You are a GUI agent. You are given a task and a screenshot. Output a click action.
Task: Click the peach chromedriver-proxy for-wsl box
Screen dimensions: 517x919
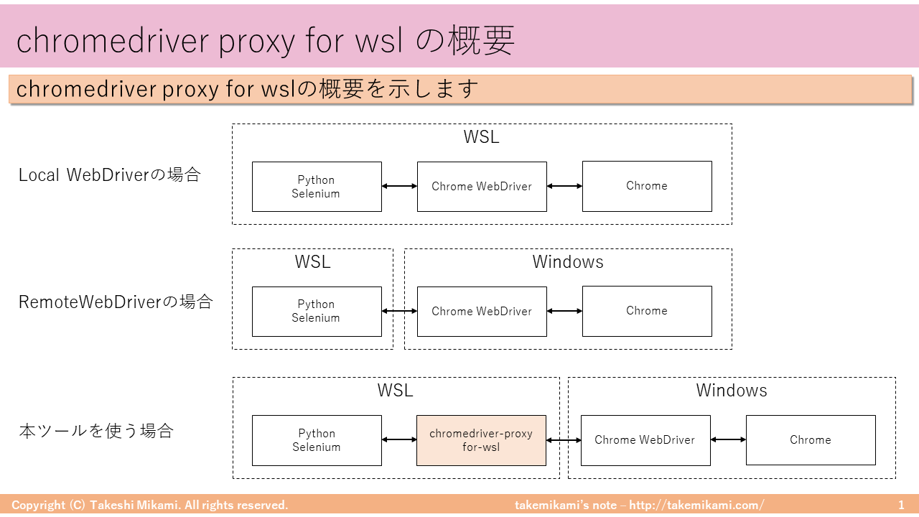pos(481,440)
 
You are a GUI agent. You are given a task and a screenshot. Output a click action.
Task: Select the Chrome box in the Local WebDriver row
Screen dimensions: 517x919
pos(647,186)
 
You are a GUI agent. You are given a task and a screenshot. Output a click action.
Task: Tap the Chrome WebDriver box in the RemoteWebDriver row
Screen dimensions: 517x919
pos(482,311)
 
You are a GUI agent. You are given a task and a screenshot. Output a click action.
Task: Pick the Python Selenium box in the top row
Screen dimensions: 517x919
pos(317,187)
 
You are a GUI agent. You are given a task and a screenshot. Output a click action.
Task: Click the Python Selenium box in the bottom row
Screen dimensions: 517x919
pos(317,440)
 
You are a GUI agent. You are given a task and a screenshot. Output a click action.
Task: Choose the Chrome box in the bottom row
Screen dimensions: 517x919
pos(811,440)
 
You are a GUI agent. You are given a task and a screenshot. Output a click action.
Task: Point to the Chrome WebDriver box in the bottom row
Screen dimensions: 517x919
pos(645,440)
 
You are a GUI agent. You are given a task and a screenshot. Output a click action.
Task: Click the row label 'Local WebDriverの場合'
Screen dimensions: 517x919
pos(110,175)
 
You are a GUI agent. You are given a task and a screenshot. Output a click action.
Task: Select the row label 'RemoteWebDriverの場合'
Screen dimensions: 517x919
pos(116,302)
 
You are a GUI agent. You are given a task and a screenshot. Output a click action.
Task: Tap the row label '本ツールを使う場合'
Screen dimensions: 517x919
pos(96,432)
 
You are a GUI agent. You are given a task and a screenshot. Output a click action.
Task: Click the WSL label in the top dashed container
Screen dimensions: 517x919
pos(481,137)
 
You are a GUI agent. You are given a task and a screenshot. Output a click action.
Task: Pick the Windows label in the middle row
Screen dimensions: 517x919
pos(568,262)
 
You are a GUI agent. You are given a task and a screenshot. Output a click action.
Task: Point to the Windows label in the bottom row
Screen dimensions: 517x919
pos(732,391)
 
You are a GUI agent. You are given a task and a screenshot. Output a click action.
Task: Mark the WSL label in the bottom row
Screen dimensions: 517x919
pos(395,391)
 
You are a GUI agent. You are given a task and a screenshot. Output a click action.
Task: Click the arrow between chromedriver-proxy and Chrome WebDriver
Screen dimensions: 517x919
pos(564,440)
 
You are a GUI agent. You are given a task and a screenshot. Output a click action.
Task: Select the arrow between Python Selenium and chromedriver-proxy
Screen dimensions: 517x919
pos(399,440)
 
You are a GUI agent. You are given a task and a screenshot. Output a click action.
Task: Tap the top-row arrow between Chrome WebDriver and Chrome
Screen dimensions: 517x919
pos(564,186)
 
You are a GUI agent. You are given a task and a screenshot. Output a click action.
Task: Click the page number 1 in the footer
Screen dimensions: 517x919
pos(901,506)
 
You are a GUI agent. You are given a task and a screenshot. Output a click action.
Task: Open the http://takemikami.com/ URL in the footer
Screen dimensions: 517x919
pos(696,506)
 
